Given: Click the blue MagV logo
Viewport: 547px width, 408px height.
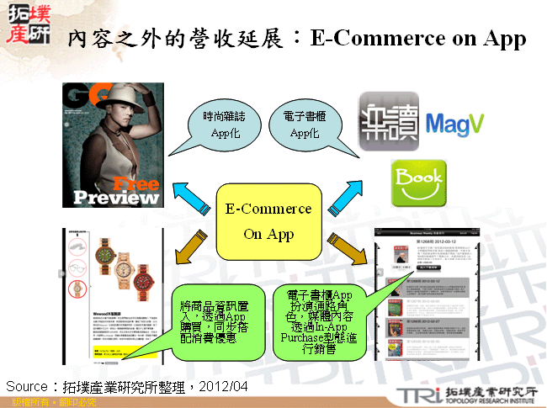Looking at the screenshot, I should (454, 125).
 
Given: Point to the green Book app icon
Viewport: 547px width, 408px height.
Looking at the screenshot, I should (419, 183).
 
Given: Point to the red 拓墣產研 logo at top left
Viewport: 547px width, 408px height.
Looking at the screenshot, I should (27, 23).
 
